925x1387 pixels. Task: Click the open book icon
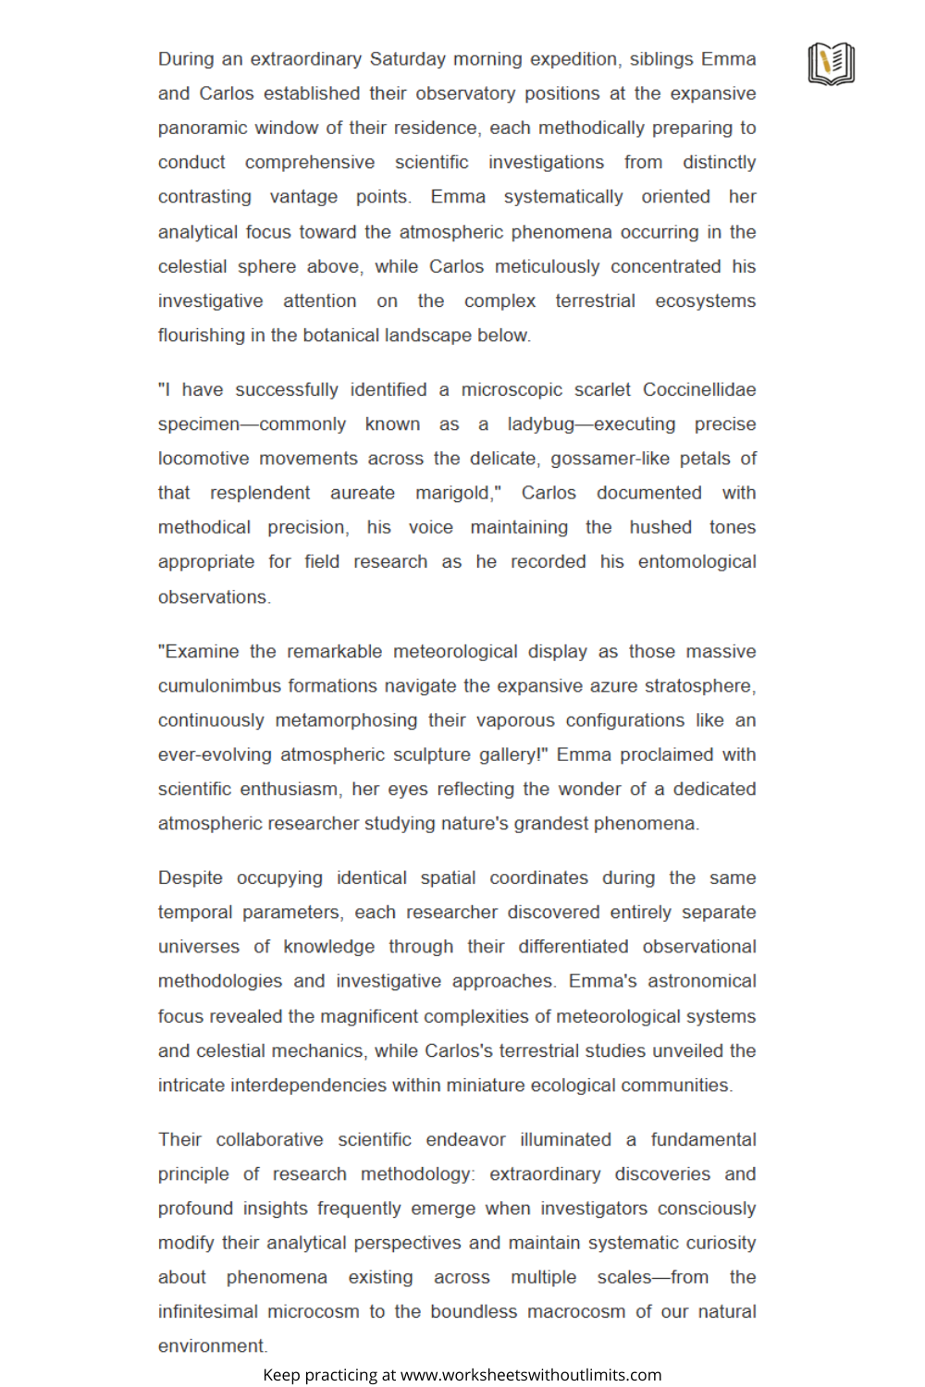tap(831, 64)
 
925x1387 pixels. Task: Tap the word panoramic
tap(203, 128)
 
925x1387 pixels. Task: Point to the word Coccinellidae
tap(699, 389)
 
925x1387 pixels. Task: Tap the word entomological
tap(697, 561)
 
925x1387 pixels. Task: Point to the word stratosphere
tap(699, 686)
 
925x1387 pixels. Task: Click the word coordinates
tap(538, 878)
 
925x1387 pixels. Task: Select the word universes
tap(198, 947)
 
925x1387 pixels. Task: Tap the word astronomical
tap(701, 981)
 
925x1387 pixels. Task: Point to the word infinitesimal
tap(207, 1311)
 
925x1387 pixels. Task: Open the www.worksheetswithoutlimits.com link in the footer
tap(531, 1375)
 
